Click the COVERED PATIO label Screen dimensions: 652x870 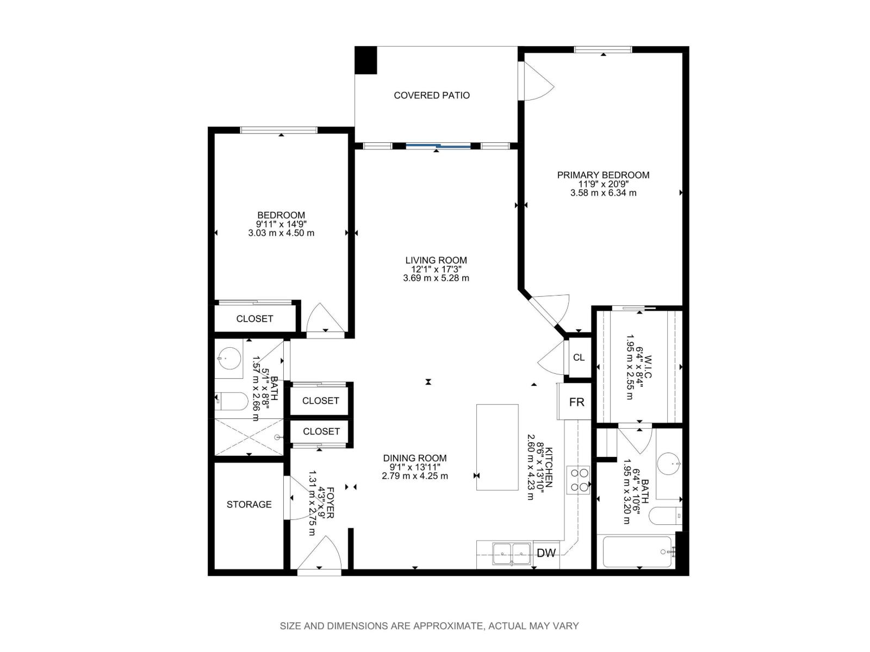pos(432,96)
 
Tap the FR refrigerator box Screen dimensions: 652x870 pos(576,402)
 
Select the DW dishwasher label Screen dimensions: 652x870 pos(546,553)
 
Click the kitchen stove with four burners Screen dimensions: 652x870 pos(578,480)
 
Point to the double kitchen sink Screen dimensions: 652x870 pos(512,554)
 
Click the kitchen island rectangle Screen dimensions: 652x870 pos(497,447)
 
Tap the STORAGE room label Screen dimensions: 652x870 pos(249,505)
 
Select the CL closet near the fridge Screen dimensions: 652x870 pos(579,358)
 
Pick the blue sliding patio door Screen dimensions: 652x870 pos(438,146)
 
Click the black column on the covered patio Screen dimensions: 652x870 pos(365,60)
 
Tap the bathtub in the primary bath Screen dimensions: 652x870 pos(637,552)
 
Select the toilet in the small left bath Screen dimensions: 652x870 pos(232,402)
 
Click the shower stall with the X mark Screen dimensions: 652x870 pos(248,437)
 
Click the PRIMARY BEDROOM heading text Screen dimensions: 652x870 pos(603,175)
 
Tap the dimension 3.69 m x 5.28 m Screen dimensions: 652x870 pos(436,278)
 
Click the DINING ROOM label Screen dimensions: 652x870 pos(414,459)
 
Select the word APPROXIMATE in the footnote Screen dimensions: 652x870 pos(448,626)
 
